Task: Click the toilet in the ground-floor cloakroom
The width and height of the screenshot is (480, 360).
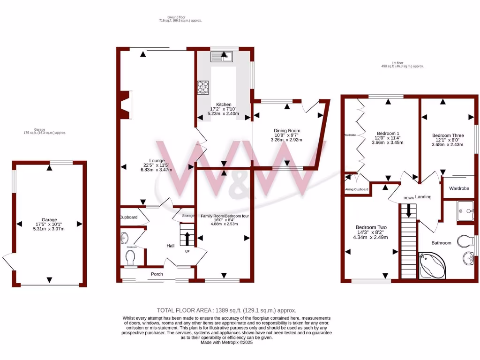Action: coord(130,256)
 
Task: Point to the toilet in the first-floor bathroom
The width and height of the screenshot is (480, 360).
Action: coord(467,241)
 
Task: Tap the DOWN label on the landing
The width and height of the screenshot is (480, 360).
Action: coord(409,198)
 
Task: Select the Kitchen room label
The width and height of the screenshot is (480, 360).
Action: coord(223,104)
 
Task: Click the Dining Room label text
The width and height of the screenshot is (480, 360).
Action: coord(287,131)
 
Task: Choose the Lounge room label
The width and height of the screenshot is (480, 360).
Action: coord(157,160)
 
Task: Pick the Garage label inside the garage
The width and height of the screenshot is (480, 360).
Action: coord(49,219)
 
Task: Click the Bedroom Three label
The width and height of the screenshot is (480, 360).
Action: coord(447,135)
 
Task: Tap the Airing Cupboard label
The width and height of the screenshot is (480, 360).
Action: coord(357,189)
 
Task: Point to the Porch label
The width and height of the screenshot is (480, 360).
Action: coord(157,274)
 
